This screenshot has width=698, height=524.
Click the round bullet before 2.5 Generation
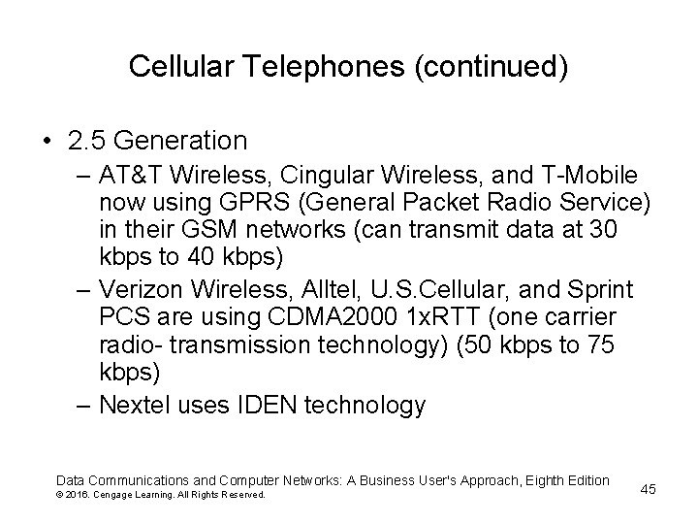pos(46,142)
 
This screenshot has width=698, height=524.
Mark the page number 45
pos(648,489)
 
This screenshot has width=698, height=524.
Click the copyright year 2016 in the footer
pos(81,496)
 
